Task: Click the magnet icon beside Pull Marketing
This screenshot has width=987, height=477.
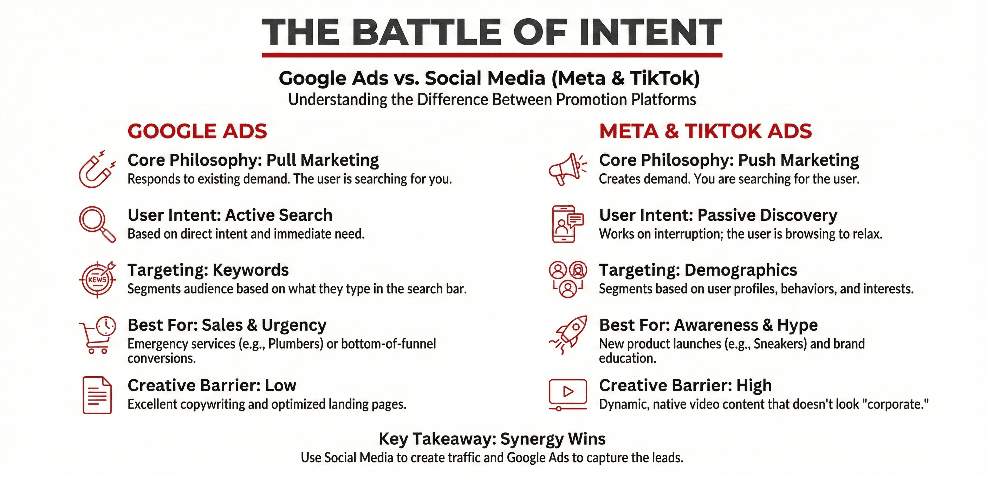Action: coord(96,169)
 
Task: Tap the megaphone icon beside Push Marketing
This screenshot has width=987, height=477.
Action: coord(567,169)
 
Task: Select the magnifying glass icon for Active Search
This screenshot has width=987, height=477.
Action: coord(97,224)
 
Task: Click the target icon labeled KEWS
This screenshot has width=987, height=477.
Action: coord(97,279)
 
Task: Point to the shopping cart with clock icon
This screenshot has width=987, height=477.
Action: coord(97,334)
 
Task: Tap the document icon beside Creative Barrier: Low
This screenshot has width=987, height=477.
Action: coord(97,395)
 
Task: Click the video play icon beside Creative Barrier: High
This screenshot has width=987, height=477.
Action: coord(568,393)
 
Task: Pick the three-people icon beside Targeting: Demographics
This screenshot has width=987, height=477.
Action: coord(568,279)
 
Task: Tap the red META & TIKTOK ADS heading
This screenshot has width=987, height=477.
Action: coord(706,131)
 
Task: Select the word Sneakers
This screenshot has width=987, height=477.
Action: coord(779,344)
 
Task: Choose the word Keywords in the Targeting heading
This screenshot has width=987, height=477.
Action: coord(251,270)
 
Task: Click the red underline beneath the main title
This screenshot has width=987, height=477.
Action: coord(492,55)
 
